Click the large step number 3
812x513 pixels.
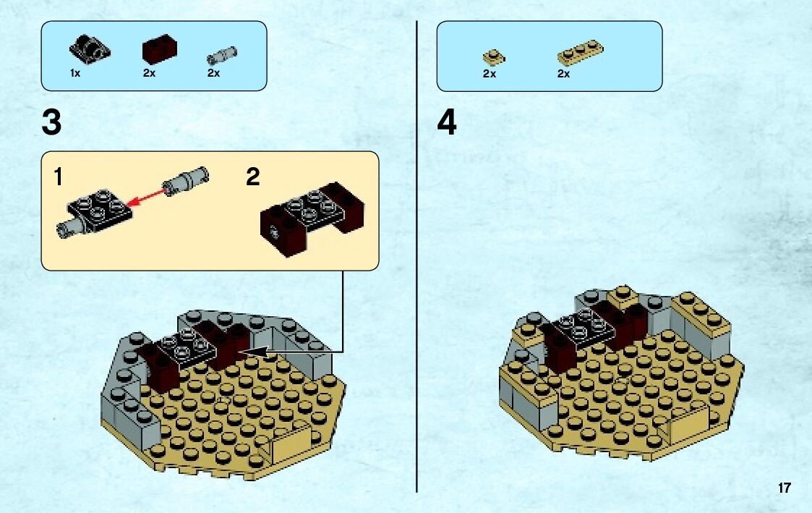pos(52,123)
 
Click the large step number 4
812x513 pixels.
pos(447,123)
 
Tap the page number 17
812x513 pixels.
pos(784,488)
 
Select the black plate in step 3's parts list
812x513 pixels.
pos(90,49)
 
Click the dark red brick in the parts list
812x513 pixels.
pos(160,49)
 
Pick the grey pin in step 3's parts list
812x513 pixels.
pos(222,55)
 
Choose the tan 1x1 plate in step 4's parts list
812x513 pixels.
pos(494,57)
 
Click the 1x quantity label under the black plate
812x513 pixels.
pos(75,74)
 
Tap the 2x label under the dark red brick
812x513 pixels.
pos(149,74)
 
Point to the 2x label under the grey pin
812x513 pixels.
pos(213,74)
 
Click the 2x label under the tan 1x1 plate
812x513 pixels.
pos(490,74)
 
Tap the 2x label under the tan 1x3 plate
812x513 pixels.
pos(563,74)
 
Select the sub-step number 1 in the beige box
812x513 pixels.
pos(59,177)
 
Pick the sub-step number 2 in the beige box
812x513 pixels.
pos(253,177)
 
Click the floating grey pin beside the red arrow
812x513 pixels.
pos(185,181)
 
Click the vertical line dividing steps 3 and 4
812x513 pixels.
pos(417,256)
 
